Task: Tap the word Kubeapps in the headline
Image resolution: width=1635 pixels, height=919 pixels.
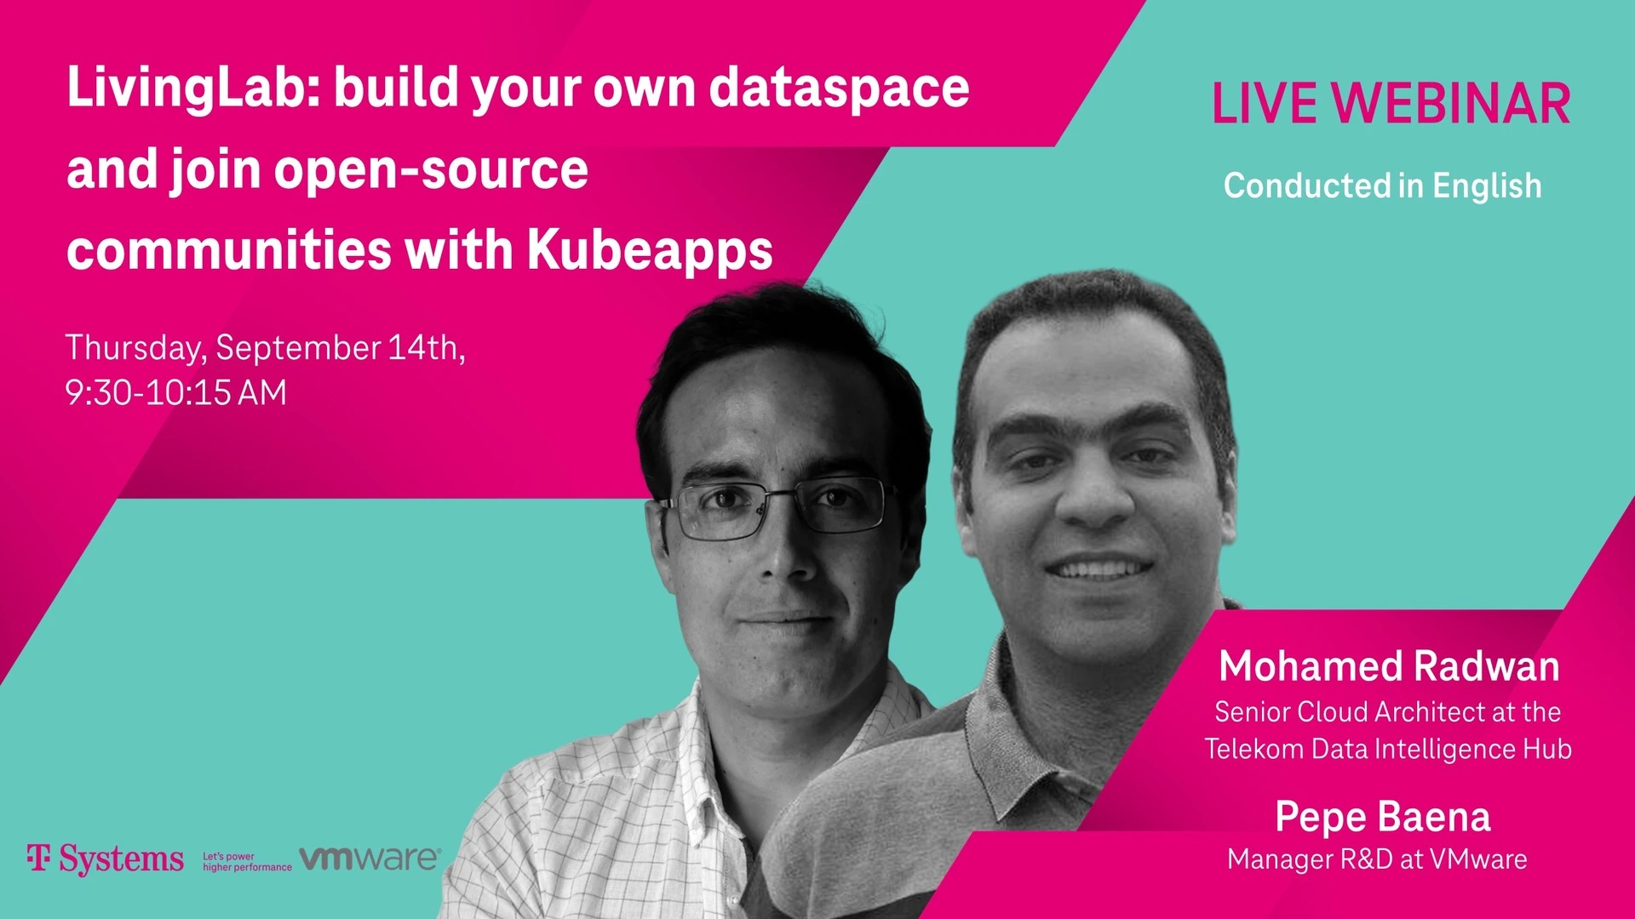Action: [650, 252]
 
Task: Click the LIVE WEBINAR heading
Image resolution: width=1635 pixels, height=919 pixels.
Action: [1391, 104]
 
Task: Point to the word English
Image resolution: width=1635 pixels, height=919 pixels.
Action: [1487, 186]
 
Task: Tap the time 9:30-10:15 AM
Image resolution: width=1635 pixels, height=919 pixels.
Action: [176, 393]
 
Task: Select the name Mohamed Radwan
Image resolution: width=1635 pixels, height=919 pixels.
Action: [1389, 666]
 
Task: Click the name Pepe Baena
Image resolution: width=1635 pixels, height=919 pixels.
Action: [1383, 817]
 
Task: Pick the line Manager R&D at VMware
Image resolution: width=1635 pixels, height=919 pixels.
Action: [1377, 859]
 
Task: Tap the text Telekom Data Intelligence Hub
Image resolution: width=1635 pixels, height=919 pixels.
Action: [1388, 749]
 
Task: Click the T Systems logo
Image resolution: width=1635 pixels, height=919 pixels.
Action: [105, 859]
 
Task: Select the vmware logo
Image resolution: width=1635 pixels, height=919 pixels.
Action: [370, 859]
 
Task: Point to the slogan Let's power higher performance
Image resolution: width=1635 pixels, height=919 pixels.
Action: [247, 862]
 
